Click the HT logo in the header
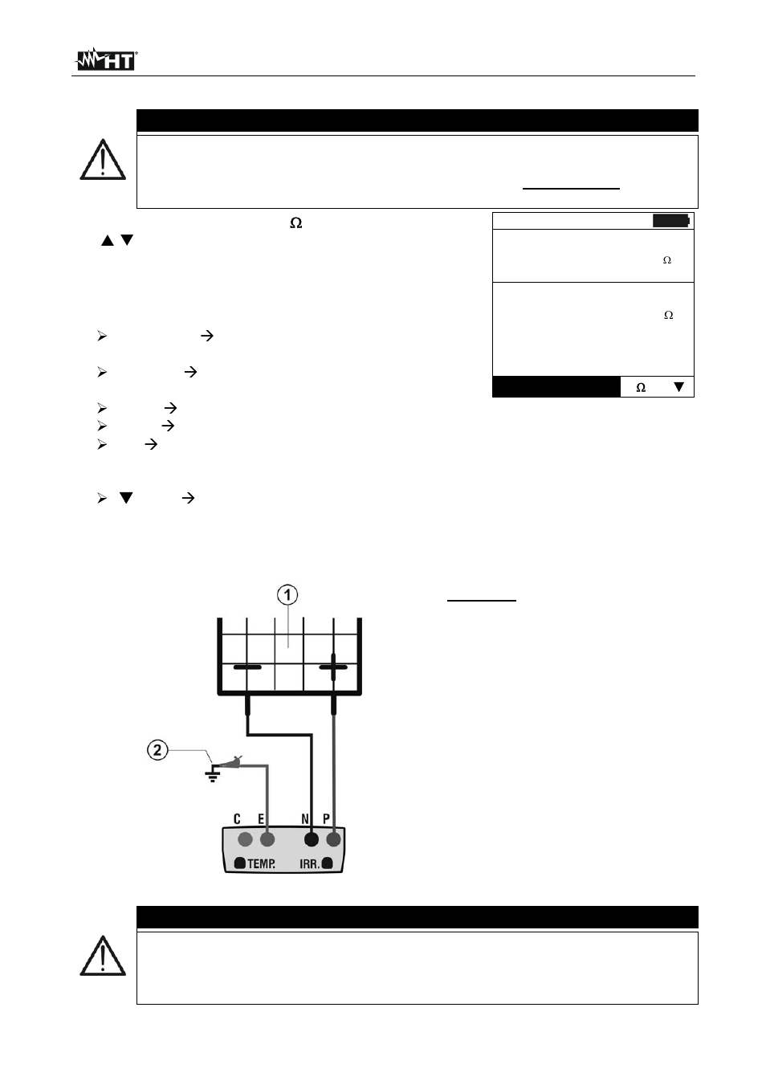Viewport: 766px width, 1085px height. click(x=106, y=59)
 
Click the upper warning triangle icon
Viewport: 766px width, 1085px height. click(x=103, y=160)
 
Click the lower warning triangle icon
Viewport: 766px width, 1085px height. click(x=103, y=956)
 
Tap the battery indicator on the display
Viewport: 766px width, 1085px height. click(x=670, y=221)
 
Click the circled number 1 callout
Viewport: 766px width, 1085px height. click(x=287, y=595)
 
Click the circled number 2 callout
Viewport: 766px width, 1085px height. click(x=157, y=750)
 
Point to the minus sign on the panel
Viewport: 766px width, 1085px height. click(x=247, y=667)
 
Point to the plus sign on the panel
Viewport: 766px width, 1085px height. click(x=333, y=667)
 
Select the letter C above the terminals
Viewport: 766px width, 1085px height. click(x=237, y=819)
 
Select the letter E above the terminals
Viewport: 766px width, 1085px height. click(x=260, y=819)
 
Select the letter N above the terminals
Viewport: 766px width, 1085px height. click(x=305, y=819)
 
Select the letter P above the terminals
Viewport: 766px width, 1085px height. click(x=326, y=819)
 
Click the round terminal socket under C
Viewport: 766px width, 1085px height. click(x=246, y=839)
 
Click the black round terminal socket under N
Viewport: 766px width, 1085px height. click(x=312, y=839)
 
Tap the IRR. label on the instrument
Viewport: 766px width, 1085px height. click(x=309, y=864)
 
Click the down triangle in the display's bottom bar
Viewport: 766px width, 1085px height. click(x=678, y=387)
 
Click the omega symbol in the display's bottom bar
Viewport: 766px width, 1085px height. click(x=641, y=388)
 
